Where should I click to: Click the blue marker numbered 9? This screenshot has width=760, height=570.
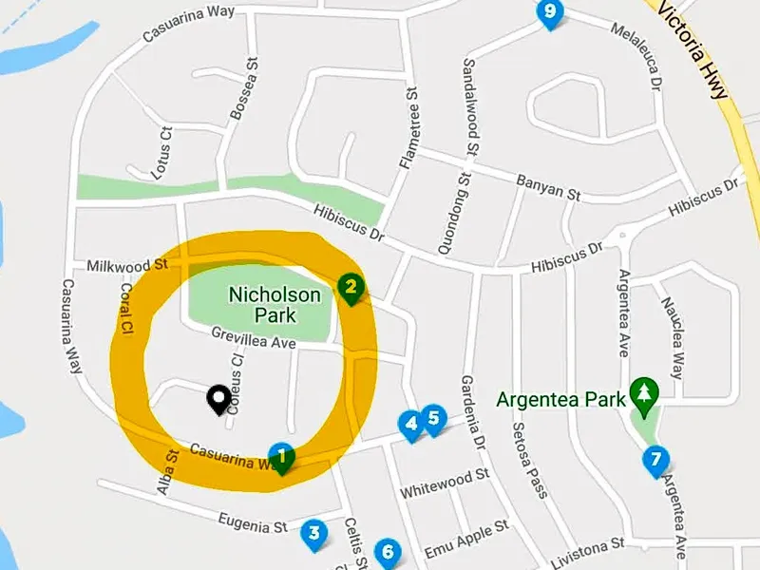click(549, 13)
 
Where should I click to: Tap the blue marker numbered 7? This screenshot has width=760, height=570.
click(655, 461)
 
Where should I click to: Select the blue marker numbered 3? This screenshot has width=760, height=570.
click(314, 533)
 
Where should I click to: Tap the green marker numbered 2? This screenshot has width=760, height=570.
click(351, 287)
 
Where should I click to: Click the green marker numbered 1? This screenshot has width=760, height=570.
click(282, 458)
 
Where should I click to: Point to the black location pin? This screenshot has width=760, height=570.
click(218, 399)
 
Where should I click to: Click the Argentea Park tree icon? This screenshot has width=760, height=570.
click(645, 394)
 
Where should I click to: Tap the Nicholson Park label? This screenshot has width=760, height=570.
click(275, 304)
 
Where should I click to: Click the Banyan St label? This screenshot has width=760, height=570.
click(548, 186)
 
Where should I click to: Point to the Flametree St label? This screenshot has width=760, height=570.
click(408, 129)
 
